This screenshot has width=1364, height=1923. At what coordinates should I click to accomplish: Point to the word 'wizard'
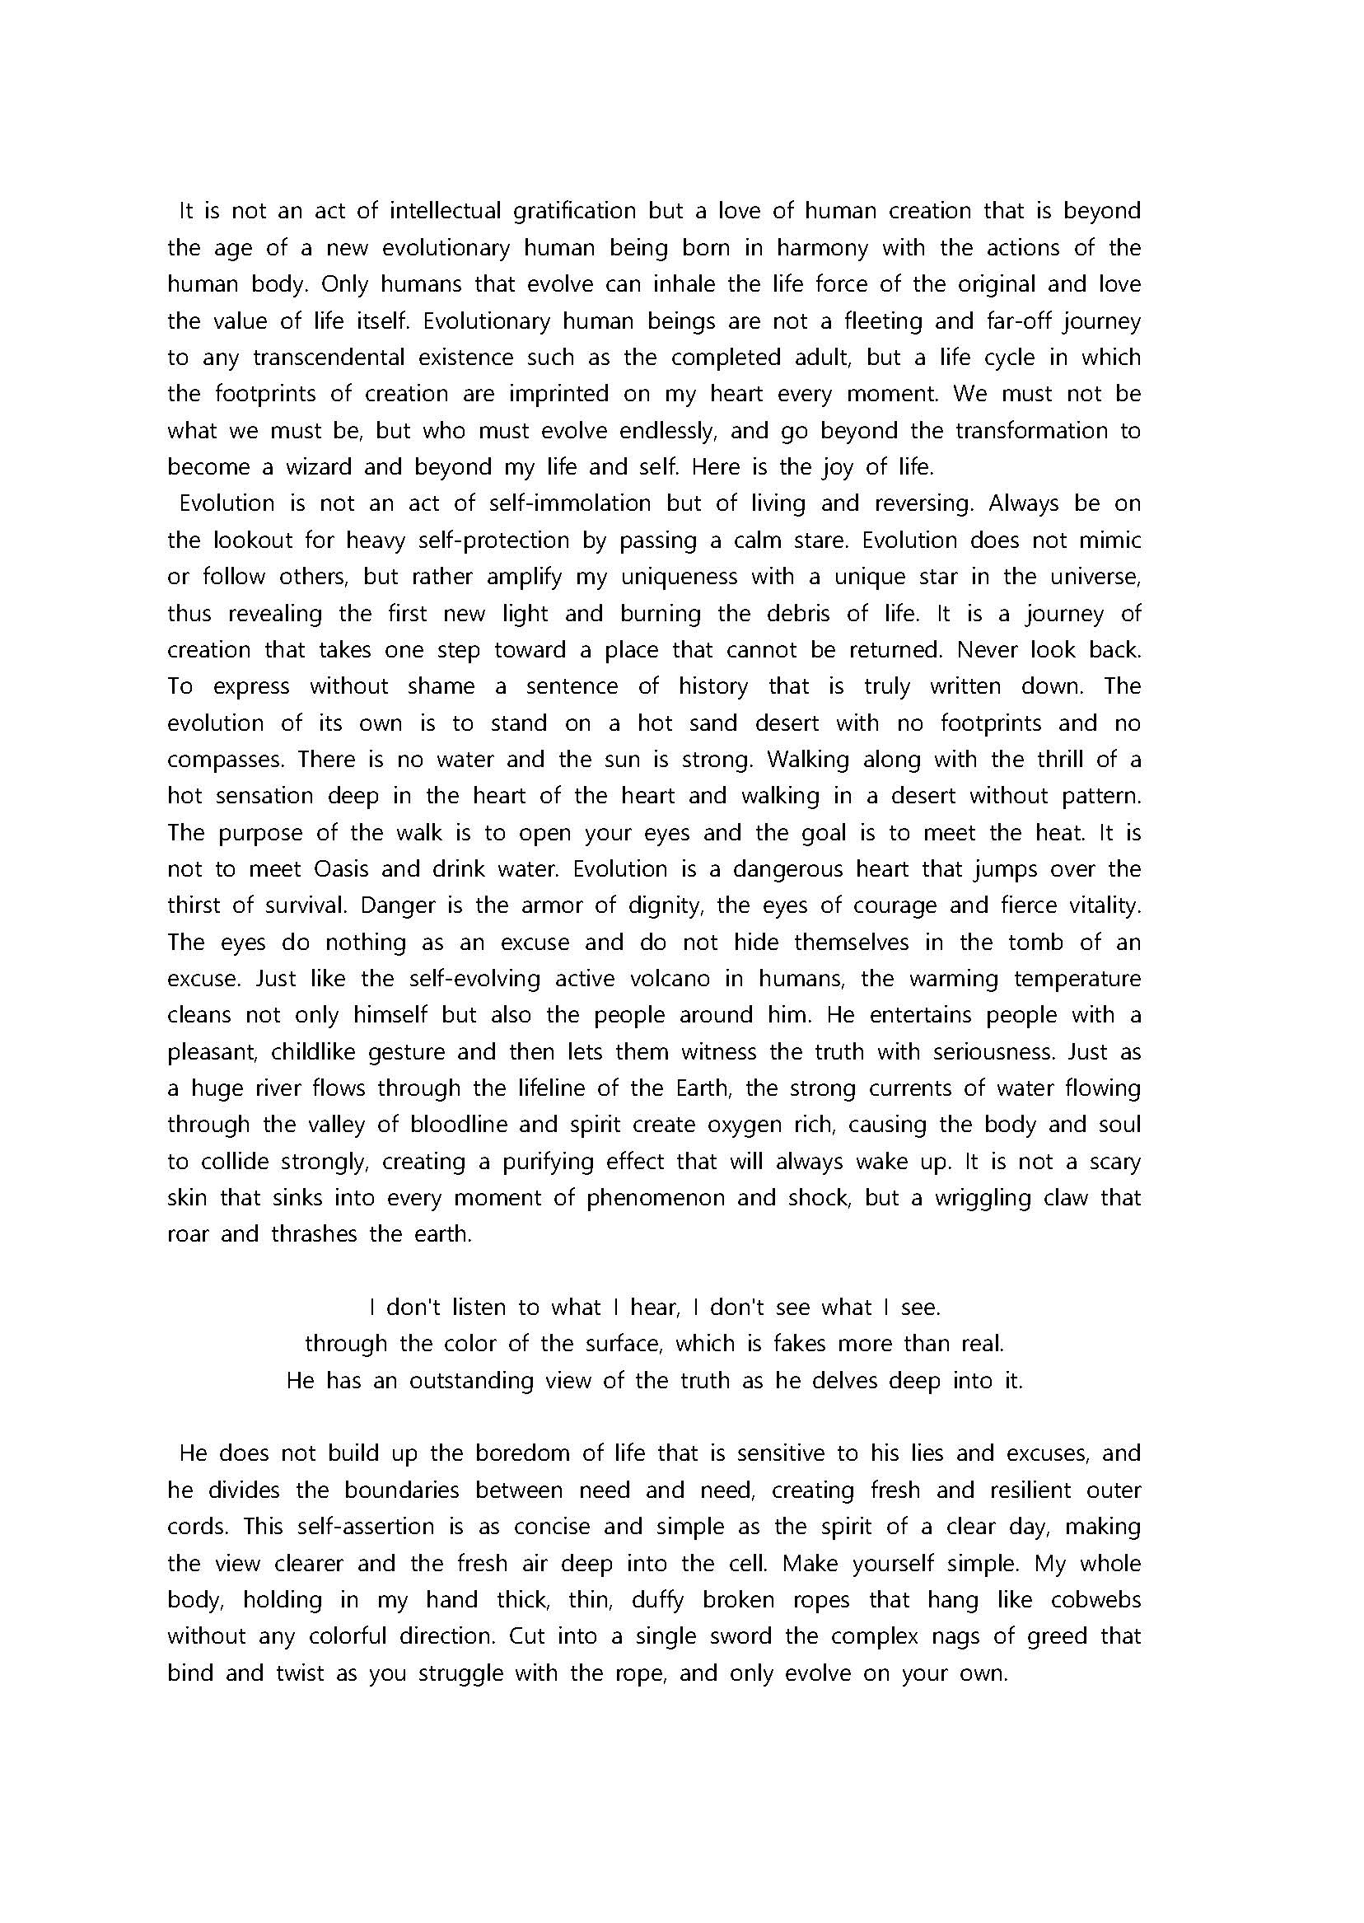tap(314, 467)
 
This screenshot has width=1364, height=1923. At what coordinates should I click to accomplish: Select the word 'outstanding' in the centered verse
tap(471, 1382)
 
